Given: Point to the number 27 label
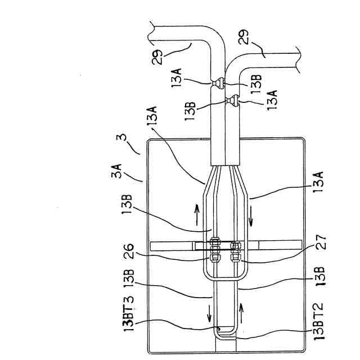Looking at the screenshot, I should click(322, 247).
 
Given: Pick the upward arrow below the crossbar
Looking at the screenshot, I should click(242, 308).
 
